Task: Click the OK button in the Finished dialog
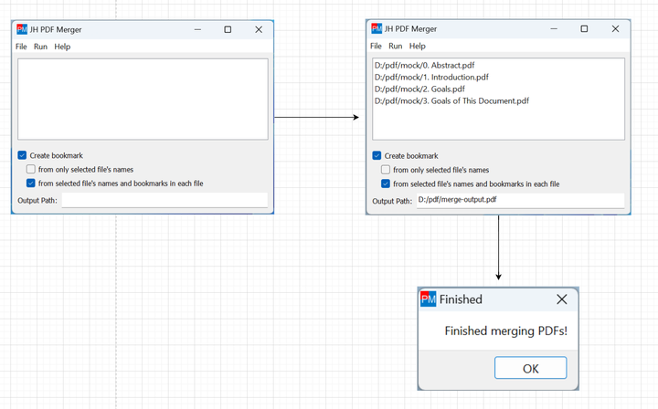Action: tap(530, 368)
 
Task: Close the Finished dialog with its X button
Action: tap(561, 299)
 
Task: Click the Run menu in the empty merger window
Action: tap(40, 47)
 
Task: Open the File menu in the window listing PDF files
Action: tap(376, 46)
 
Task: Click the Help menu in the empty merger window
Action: tap(62, 47)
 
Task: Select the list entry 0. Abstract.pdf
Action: tap(424, 65)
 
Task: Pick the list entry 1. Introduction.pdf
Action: tap(431, 77)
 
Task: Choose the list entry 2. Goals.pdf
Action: tap(419, 89)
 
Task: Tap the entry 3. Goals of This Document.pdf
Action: tap(451, 100)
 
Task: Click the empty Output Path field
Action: tap(164, 200)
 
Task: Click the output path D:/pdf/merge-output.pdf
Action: tap(457, 199)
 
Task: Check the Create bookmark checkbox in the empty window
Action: tap(22, 155)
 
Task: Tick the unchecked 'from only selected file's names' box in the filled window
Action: tap(386, 170)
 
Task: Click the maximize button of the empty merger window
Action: tap(228, 29)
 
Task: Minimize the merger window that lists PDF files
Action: tap(554, 28)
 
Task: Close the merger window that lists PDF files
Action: tap(615, 28)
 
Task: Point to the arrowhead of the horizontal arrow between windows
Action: tap(356, 118)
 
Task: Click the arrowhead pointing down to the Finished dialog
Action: tap(499, 277)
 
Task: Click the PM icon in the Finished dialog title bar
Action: tap(428, 299)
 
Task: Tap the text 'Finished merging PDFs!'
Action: tap(505, 331)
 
